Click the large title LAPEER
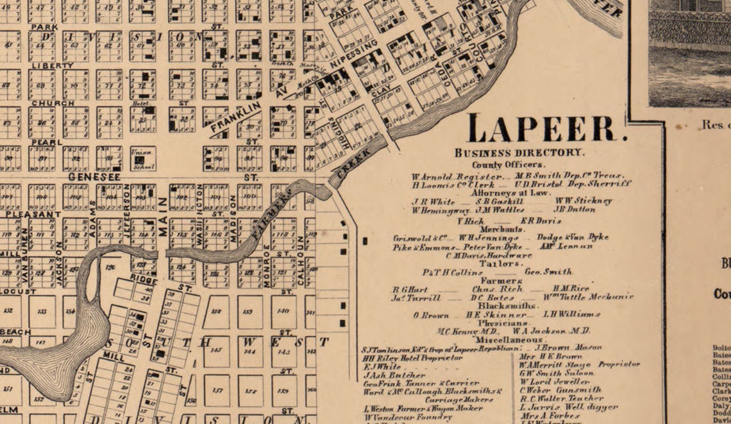[548, 128]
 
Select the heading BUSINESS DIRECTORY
[519, 153]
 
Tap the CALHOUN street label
[301, 253]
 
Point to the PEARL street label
[46, 142]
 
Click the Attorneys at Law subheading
[510, 192]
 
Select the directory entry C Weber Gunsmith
[560, 389]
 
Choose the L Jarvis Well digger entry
[568, 407]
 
